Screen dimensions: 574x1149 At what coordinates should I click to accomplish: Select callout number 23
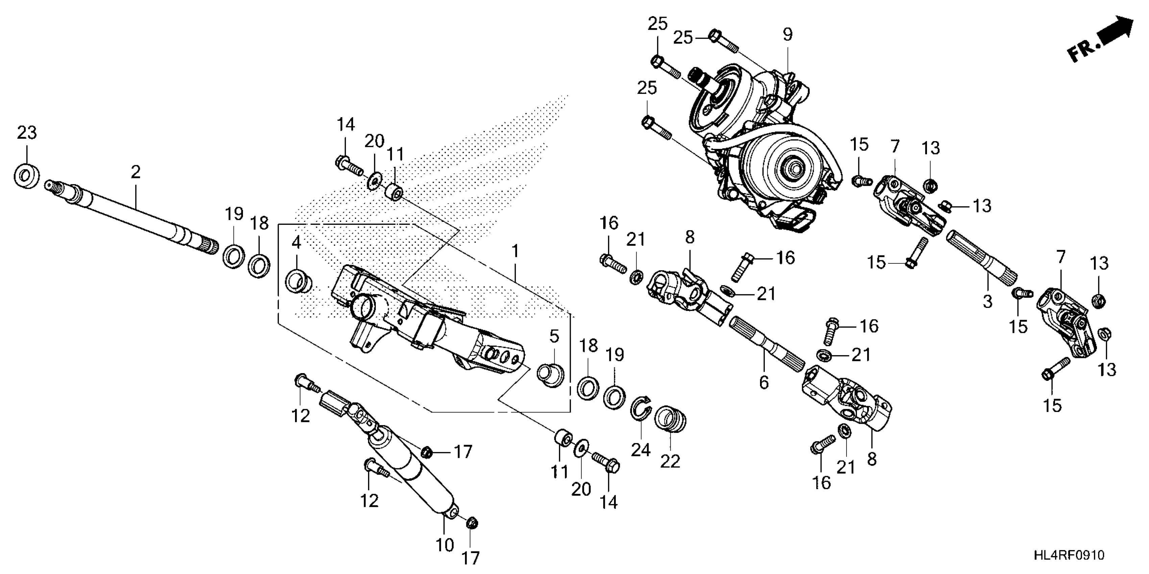[x=27, y=133]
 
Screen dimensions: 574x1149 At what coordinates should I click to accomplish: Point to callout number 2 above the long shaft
[x=136, y=172]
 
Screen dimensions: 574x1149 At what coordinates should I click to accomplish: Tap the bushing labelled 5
[x=551, y=375]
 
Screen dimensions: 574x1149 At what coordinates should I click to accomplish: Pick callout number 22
[x=670, y=461]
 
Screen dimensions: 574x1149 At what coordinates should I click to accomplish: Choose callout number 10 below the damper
[x=445, y=545]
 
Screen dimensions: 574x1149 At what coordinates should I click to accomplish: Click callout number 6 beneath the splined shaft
[x=764, y=382]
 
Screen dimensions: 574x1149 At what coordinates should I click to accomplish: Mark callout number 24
[x=640, y=450]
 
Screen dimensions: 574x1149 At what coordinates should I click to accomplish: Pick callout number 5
[x=554, y=337]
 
